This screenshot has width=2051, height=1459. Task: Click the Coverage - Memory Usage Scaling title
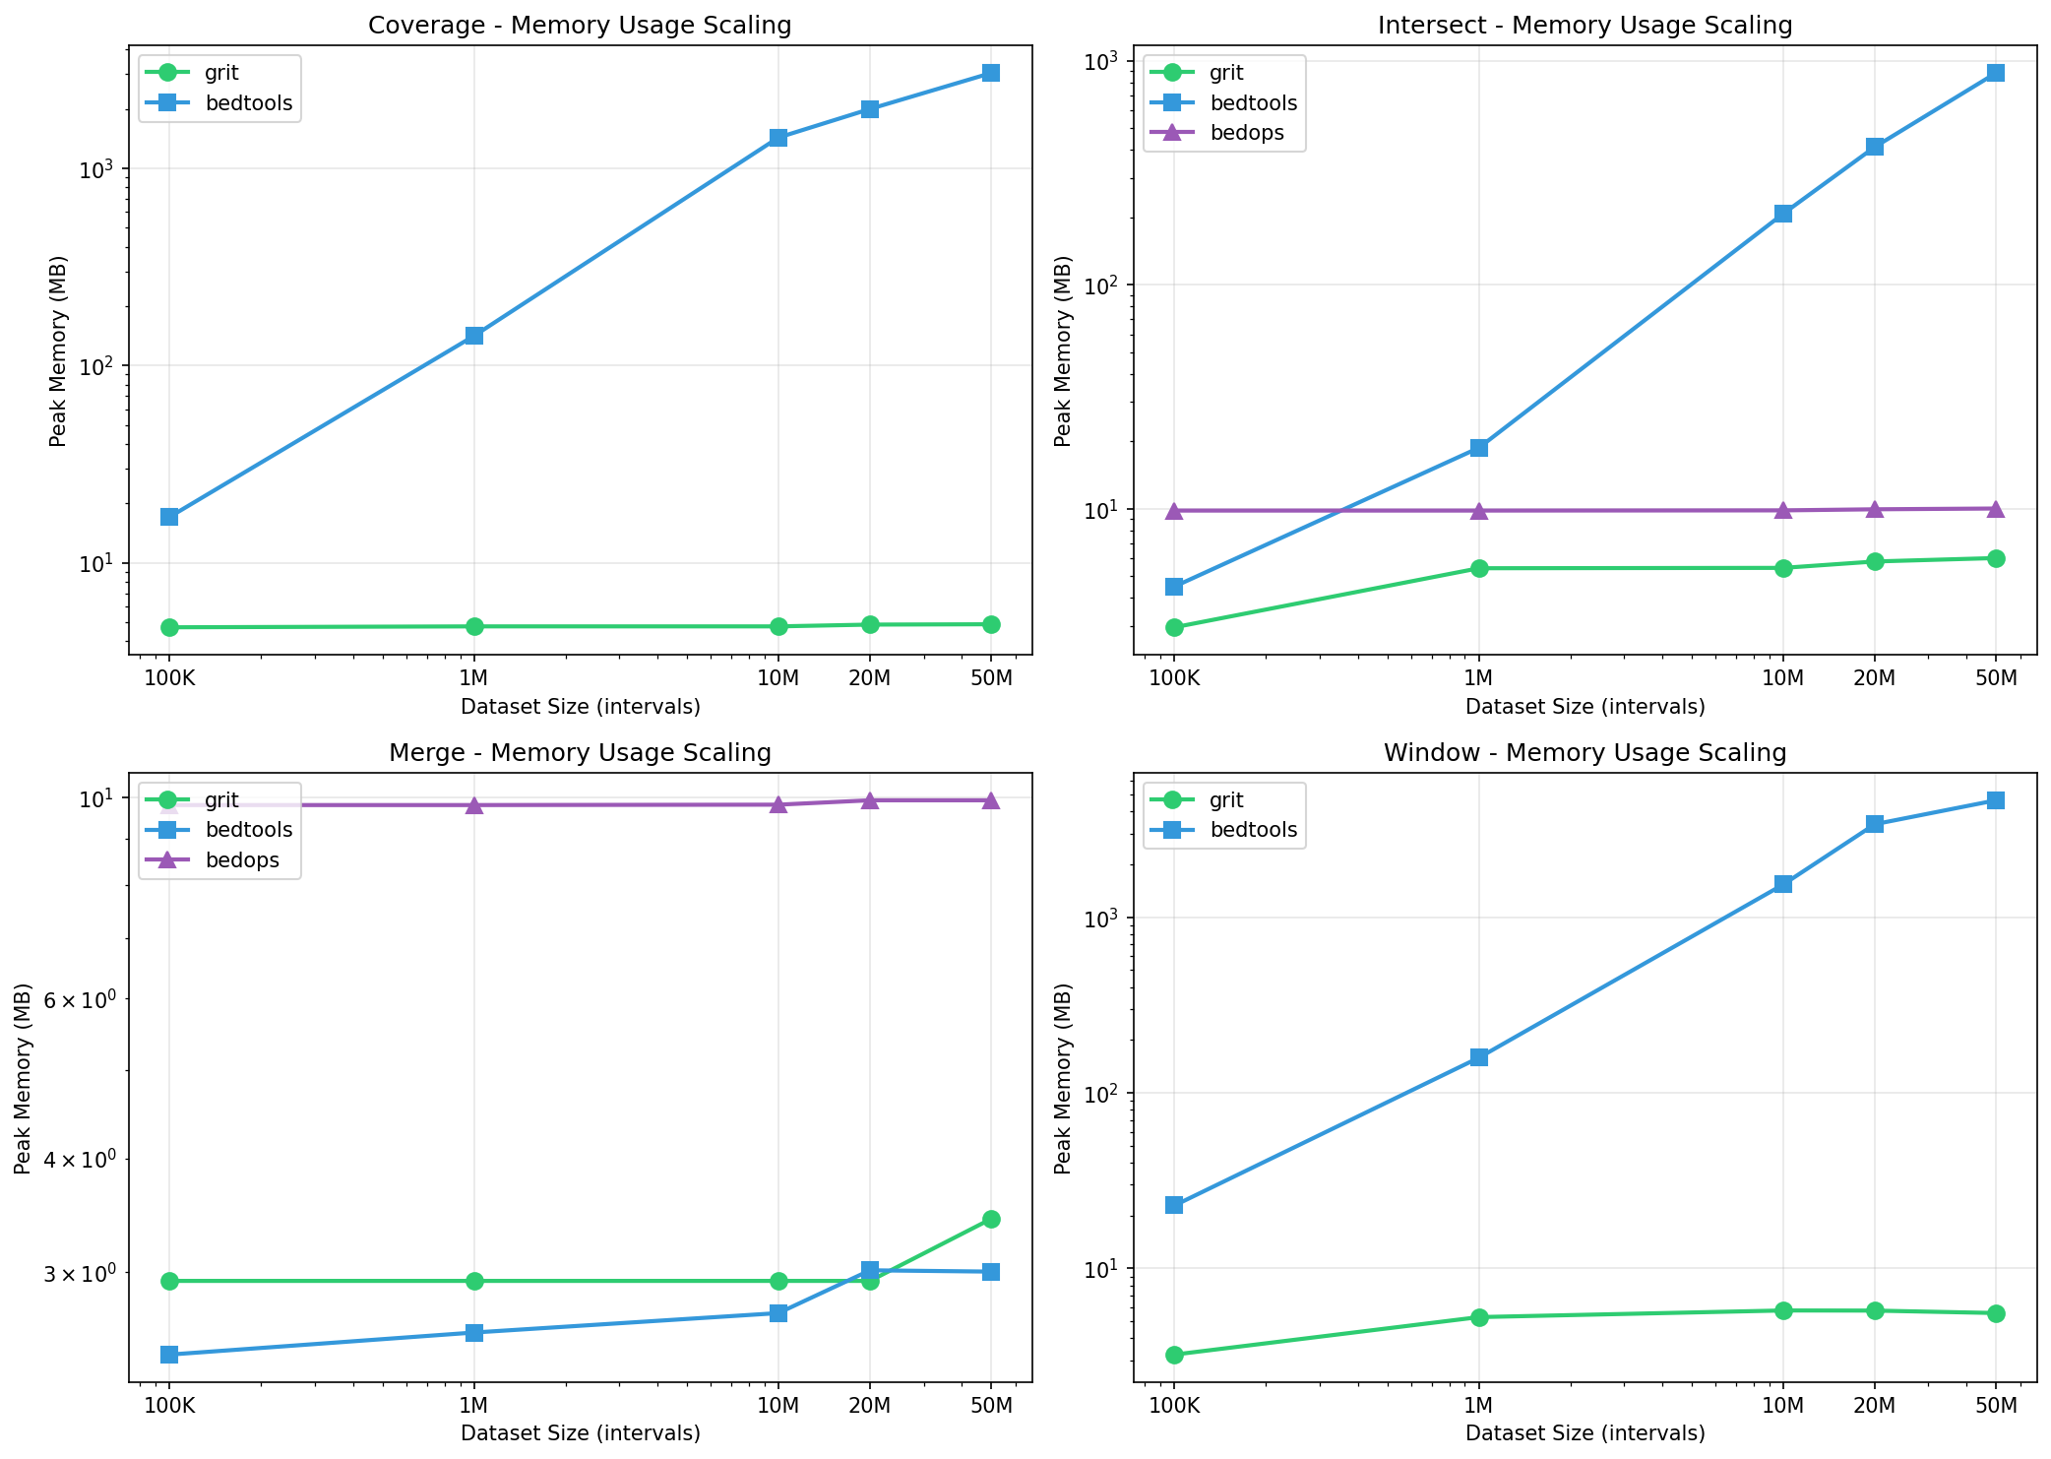coord(580,26)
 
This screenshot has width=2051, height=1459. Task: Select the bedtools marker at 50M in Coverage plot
coord(991,73)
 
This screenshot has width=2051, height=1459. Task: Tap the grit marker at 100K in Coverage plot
coord(169,627)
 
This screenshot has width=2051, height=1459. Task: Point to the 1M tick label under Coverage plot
coord(473,677)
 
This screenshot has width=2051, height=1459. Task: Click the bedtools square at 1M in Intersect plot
coord(1478,448)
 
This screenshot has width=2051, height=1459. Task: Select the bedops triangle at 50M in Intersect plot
coord(1996,509)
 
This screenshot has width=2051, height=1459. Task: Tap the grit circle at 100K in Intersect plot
coord(1174,627)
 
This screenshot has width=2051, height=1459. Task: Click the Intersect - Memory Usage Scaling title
coord(1585,26)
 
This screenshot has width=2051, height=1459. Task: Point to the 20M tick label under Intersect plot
coord(1874,677)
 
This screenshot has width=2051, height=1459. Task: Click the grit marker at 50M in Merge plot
coord(991,1219)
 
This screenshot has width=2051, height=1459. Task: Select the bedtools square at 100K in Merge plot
coord(169,1355)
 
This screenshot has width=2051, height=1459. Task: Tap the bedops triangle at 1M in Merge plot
coord(473,805)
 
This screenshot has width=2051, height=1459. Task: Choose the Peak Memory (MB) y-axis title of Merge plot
coord(24,1078)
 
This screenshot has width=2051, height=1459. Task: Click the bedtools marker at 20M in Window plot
coord(1874,824)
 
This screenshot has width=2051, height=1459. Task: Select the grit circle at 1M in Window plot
coord(1478,1317)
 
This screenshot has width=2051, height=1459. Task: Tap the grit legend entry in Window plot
coord(1226,800)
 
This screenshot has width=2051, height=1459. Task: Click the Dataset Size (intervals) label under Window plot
coord(1585,1433)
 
